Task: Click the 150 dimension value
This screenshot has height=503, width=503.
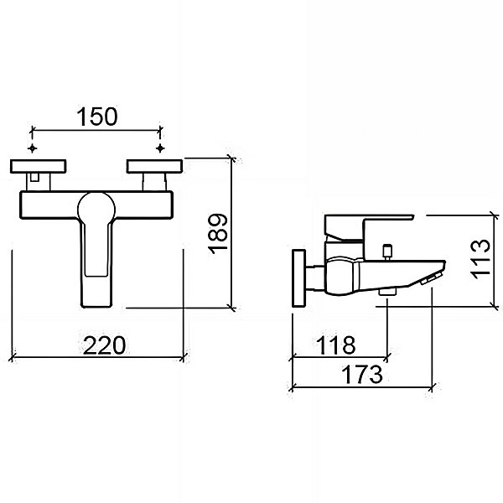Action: click(97, 117)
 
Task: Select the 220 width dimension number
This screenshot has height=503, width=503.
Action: click(104, 345)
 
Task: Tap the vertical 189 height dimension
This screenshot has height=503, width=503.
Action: click(218, 234)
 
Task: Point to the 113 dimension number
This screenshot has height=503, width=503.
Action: click(480, 259)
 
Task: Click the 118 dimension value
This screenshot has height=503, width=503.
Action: click(335, 345)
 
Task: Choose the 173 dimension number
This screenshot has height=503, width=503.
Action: click(362, 375)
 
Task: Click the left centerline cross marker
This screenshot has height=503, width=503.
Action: click(32, 148)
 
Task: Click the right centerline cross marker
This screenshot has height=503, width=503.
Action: click(160, 148)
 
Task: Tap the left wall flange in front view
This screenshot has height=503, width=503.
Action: click(39, 166)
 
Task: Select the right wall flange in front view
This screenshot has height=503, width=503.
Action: click(154, 166)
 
